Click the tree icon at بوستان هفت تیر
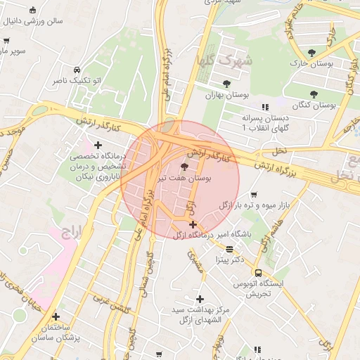pyautogui.click(x=184, y=167)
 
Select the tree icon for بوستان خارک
pyautogui.click(x=311, y=53)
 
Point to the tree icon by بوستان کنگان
pyautogui.click(x=314, y=94)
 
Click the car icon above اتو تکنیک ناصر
pyautogui.click(x=77, y=70)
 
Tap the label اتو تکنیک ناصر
pyautogui.click(x=77, y=82)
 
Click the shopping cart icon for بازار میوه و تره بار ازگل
pyautogui.click(x=254, y=195)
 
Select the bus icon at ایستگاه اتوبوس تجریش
pyautogui.click(x=258, y=273)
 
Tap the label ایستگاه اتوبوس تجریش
pyautogui.click(x=262, y=288)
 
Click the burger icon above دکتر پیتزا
pyautogui.click(x=229, y=249)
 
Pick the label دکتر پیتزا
pyautogui.click(x=229, y=260)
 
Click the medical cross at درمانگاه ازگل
pyautogui.click(x=193, y=225)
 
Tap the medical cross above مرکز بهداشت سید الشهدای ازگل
pyautogui.click(x=200, y=299)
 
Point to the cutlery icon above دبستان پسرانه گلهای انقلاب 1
pyautogui.click(x=264, y=107)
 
